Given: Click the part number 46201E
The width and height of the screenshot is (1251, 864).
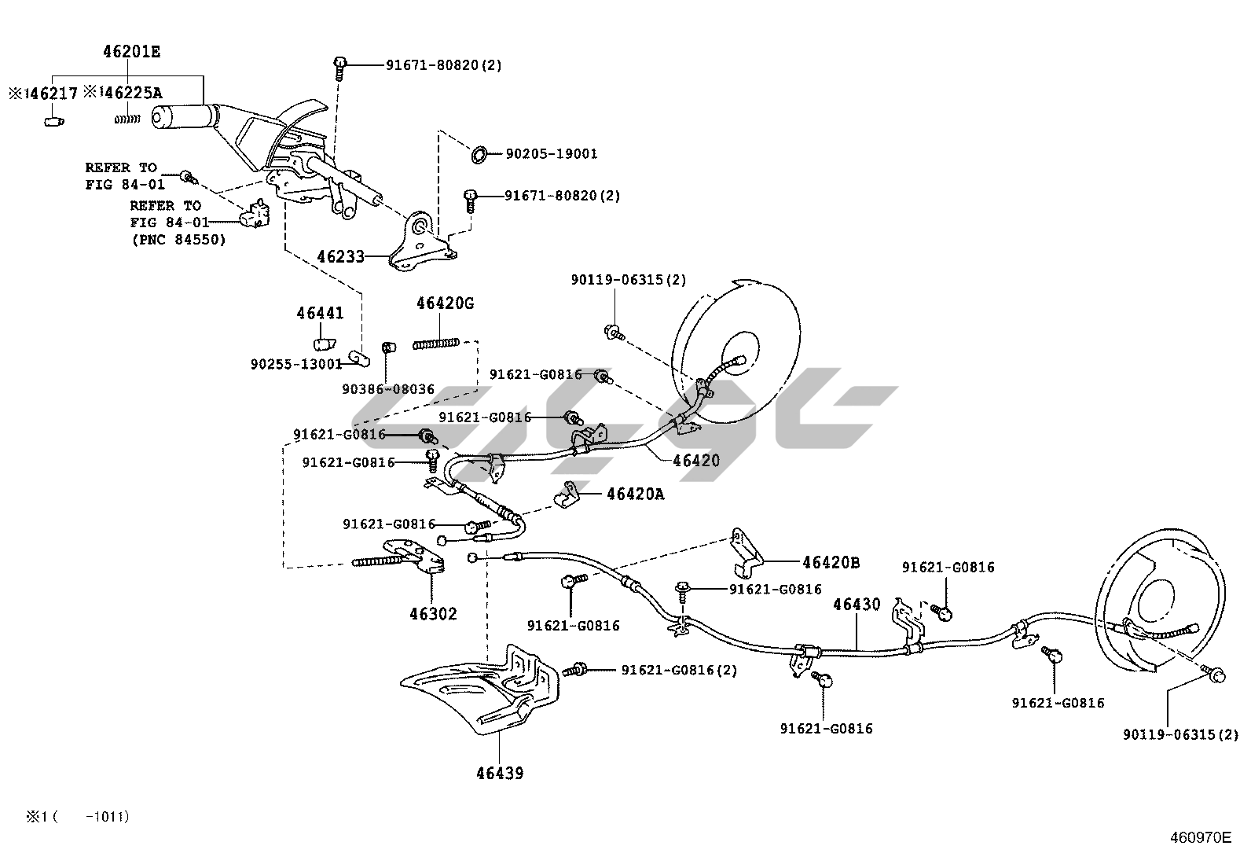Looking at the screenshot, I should pyautogui.click(x=131, y=53).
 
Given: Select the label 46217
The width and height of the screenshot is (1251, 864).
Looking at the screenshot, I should pyautogui.click(x=53, y=94).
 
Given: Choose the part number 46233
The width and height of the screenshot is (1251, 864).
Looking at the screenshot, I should pyautogui.click(x=340, y=256).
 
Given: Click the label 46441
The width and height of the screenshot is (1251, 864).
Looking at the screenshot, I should pyautogui.click(x=320, y=314).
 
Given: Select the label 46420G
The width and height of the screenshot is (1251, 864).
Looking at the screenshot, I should pyautogui.click(x=445, y=303).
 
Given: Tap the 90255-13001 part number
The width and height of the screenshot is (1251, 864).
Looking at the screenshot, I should pyautogui.click(x=296, y=364).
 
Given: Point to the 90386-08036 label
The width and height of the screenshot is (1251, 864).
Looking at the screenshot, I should pyautogui.click(x=388, y=389).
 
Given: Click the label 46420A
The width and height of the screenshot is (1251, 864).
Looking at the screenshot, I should pyautogui.click(x=635, y=495).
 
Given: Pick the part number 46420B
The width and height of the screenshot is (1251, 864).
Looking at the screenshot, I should pyautogui.click(x=831, y=563).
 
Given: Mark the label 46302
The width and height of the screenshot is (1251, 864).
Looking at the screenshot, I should pyautogui.click(x=432, y=614).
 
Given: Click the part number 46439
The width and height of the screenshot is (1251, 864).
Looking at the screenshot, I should pyautogui.click(x=500, y=773).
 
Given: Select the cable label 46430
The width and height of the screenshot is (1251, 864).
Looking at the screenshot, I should pyautogui.click(x=857, y=605).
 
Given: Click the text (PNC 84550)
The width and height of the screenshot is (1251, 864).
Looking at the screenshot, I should pyautogui.click(x=178, y=240).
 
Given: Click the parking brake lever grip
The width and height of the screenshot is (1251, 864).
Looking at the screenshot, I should pyautogui.click(x=179, y=116).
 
